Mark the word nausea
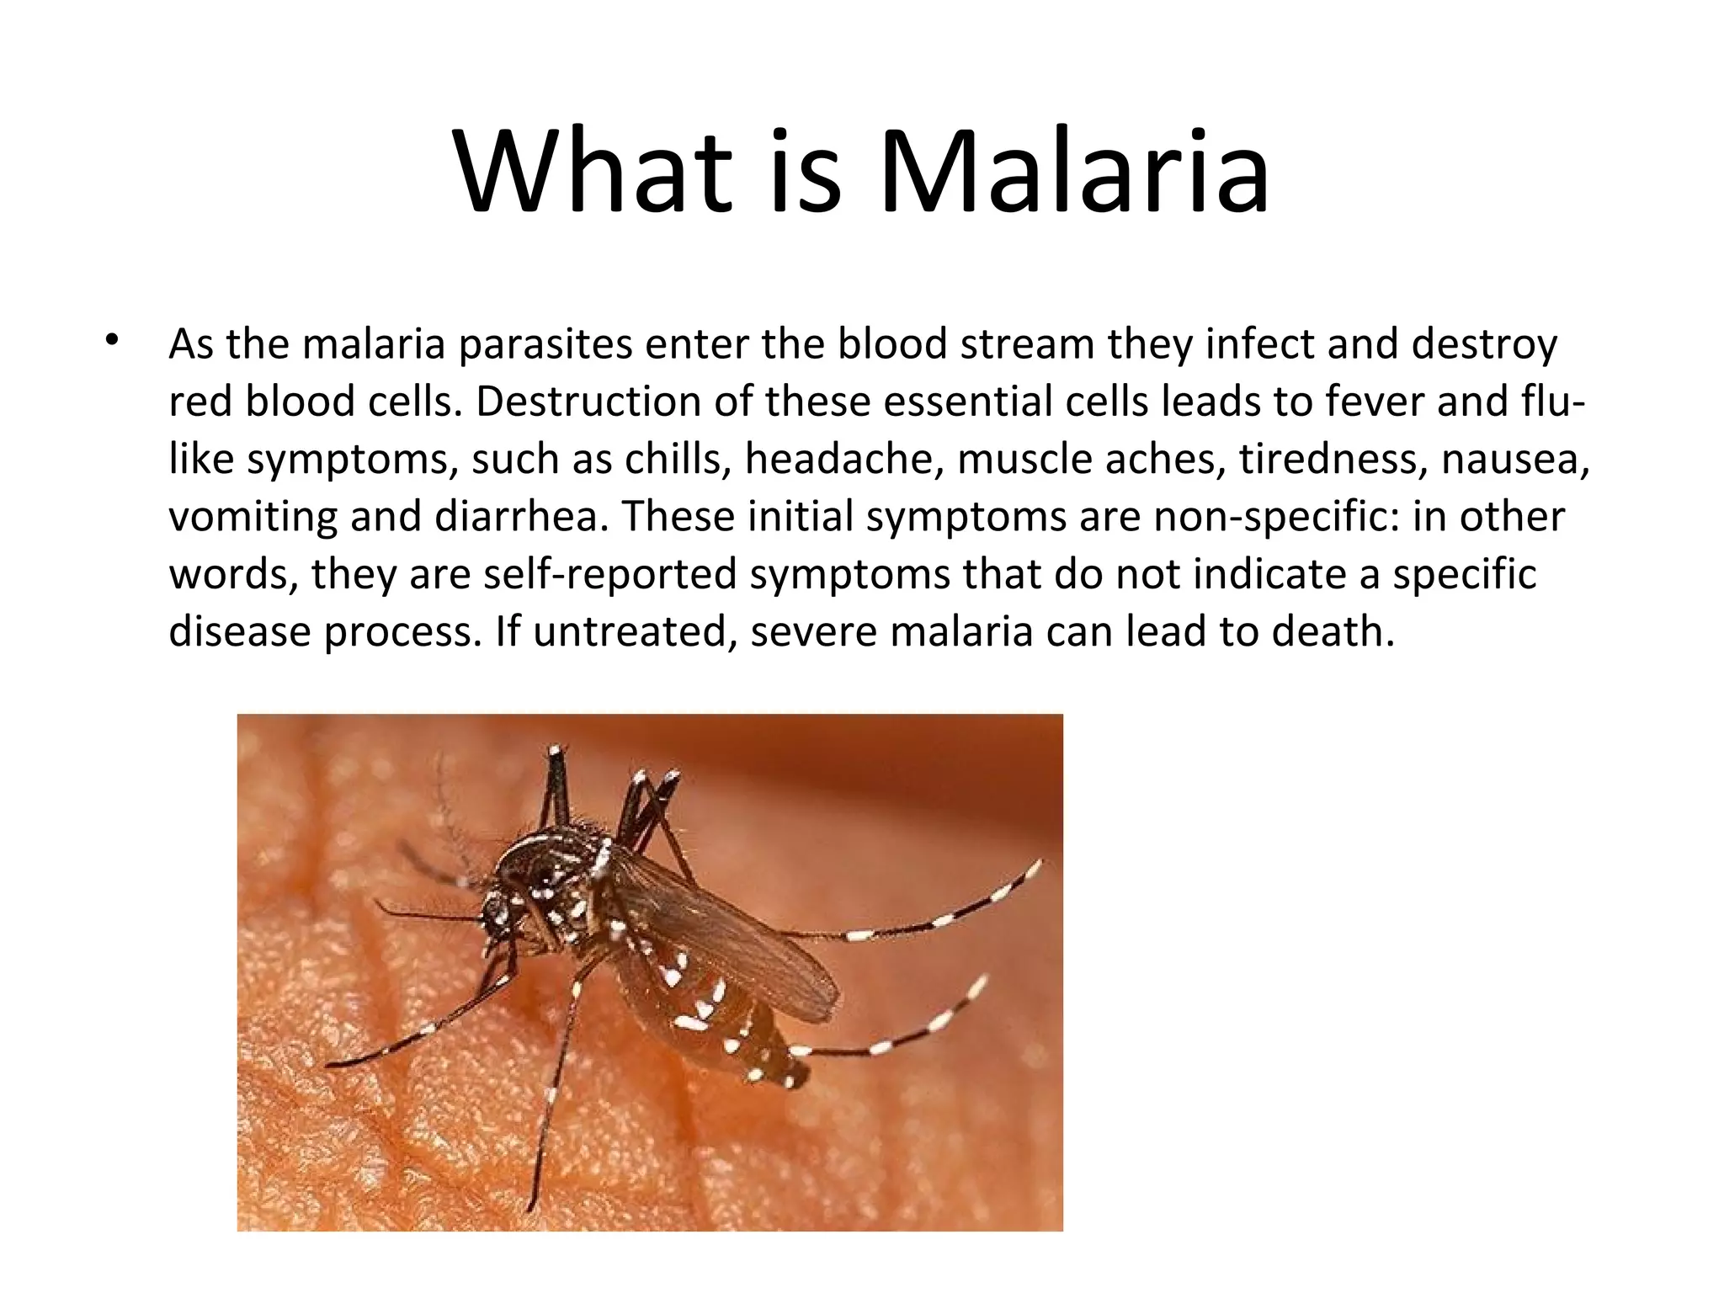[1514, 460]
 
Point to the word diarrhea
[521, 517]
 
